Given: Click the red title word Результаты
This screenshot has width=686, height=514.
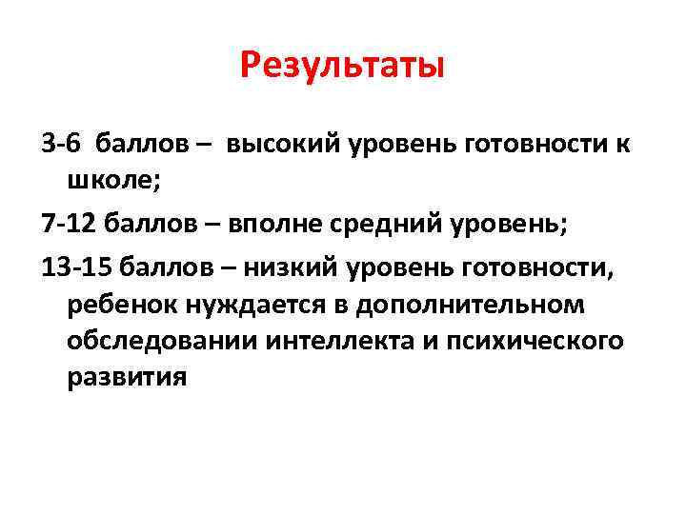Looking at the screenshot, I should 342,66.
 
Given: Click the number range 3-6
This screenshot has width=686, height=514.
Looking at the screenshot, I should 62,145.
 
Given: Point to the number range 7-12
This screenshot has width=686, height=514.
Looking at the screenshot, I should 69,225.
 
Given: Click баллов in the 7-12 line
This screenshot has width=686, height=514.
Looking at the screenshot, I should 155,225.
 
